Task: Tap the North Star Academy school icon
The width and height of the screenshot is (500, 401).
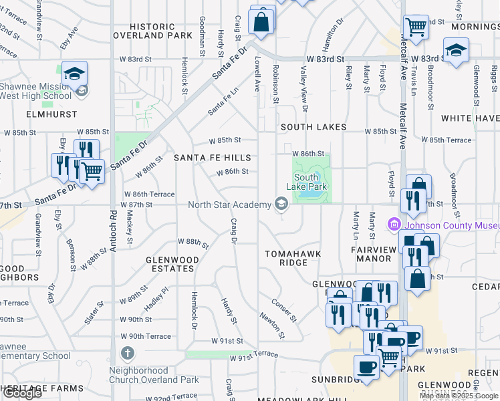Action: (x=281, y=205)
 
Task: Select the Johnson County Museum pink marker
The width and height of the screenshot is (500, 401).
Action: (x=395, y=225)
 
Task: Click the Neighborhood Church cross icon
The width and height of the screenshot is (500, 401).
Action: (x=128, y=352)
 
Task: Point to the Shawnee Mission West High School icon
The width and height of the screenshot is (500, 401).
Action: (x=82, y=90)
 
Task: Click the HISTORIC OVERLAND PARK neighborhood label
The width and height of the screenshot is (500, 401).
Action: (x=152, y=30)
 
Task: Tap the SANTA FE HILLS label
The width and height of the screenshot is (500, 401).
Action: (x=213, y=158)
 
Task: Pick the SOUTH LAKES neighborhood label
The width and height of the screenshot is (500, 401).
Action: (x=313, y=126)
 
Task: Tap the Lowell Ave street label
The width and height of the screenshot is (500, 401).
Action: (x=257, y=74)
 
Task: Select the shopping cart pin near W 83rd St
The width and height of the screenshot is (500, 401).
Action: (x=416, y=27)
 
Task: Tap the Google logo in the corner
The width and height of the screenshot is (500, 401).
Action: (x=22, y=393)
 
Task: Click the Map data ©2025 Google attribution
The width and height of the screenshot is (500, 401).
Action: (x=459, y=396)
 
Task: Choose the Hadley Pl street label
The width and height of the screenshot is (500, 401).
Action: (x=155, y=298)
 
